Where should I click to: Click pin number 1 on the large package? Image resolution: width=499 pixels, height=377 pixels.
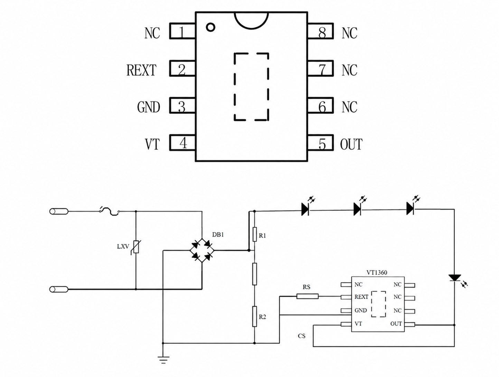[182, 33]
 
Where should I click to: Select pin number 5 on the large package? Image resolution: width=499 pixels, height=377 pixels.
[322, 144]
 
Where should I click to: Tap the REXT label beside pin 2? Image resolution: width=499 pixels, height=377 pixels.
[141, 70]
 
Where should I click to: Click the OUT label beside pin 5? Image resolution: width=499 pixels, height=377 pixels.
[351, 144]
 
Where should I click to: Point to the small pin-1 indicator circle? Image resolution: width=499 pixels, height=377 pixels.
[210, 27]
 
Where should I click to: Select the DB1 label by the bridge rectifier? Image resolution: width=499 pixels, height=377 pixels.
[218, 234]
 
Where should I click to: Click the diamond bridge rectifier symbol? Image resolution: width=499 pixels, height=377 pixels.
[202, 250]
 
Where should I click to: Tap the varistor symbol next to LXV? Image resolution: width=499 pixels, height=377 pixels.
[136, 247]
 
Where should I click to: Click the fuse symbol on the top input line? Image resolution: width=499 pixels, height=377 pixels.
[110, 212]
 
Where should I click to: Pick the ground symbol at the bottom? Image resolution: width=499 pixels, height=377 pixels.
[163, 360]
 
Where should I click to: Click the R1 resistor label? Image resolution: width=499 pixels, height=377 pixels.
[262, 236]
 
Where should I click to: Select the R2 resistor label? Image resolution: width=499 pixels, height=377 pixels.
[262, 317]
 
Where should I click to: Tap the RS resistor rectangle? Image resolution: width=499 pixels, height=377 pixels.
[307, 296]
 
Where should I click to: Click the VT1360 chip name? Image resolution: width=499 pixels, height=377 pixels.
[377, 272]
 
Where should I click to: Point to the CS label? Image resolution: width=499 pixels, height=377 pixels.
[302, 336]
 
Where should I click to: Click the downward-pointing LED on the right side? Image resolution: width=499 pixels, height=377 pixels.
[454, 278]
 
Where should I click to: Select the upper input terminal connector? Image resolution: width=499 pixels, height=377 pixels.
[59, 212]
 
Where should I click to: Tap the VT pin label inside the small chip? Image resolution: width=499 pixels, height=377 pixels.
[358, 323]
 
